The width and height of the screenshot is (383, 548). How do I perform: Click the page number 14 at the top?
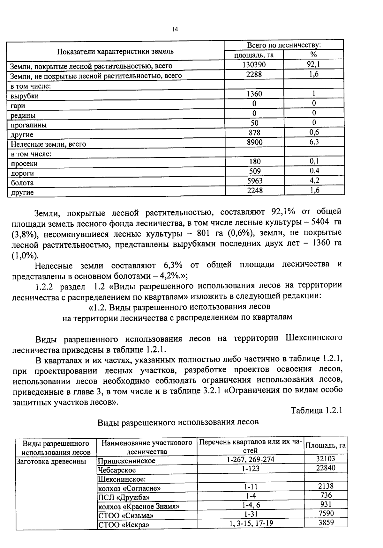174,29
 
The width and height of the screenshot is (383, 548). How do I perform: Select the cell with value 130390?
254,65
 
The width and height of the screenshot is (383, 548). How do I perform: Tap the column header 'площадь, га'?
254,55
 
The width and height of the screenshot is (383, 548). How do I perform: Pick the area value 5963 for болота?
255,181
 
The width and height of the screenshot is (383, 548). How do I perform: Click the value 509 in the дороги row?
255,171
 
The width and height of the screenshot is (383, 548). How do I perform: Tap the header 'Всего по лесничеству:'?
284,45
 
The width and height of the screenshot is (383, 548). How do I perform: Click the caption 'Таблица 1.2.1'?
316,411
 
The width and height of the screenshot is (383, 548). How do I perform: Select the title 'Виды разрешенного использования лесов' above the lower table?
178,422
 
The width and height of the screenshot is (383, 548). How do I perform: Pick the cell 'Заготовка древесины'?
51,461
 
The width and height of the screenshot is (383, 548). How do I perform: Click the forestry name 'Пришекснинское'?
127,461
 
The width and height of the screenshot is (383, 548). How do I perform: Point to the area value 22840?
326,468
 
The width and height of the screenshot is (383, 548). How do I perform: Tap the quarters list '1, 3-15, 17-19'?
251,523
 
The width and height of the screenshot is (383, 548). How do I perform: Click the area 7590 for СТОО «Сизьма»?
326,514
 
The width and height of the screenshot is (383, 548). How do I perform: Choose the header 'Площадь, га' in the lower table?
326,446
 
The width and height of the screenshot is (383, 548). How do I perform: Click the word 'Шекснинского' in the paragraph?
314,338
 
